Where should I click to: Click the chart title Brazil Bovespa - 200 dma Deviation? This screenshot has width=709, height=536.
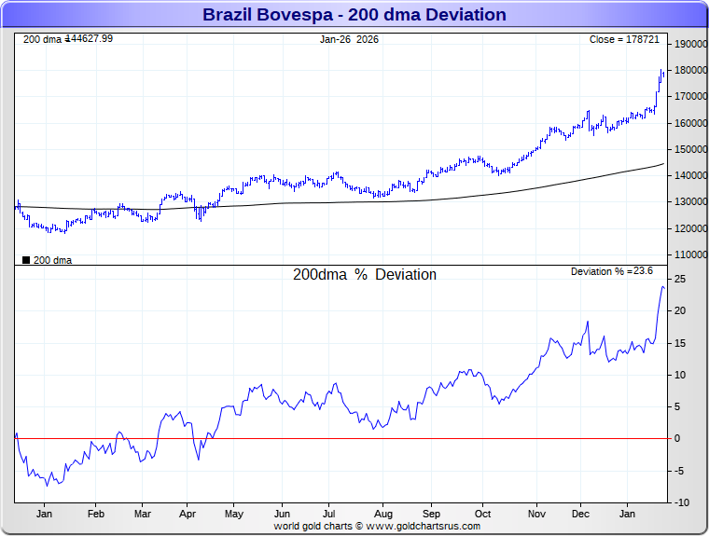pos(354,15)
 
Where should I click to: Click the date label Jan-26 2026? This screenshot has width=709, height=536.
pos(349,39)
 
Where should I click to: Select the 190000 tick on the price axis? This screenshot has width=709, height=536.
pos(688,44)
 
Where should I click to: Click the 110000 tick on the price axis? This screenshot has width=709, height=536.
pos(688,254)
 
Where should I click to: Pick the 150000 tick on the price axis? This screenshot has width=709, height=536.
pos(688,149)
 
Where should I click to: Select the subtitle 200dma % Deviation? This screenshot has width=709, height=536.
pos(364,275)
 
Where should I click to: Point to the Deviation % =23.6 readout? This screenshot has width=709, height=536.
pos(612,271)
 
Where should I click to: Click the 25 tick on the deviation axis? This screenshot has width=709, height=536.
pos(682,279)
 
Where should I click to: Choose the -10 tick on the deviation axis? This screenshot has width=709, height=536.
pos(682,502)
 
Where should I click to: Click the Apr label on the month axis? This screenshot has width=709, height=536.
pos(187,514)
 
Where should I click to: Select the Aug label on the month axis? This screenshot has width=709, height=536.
pos(382,514)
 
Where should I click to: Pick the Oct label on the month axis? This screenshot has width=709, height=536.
pos(482,514)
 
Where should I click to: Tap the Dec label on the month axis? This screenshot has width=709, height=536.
pos(580,514)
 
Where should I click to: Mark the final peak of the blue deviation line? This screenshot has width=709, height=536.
pos(662,286)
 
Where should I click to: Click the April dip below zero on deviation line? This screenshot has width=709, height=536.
pos(198,459)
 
